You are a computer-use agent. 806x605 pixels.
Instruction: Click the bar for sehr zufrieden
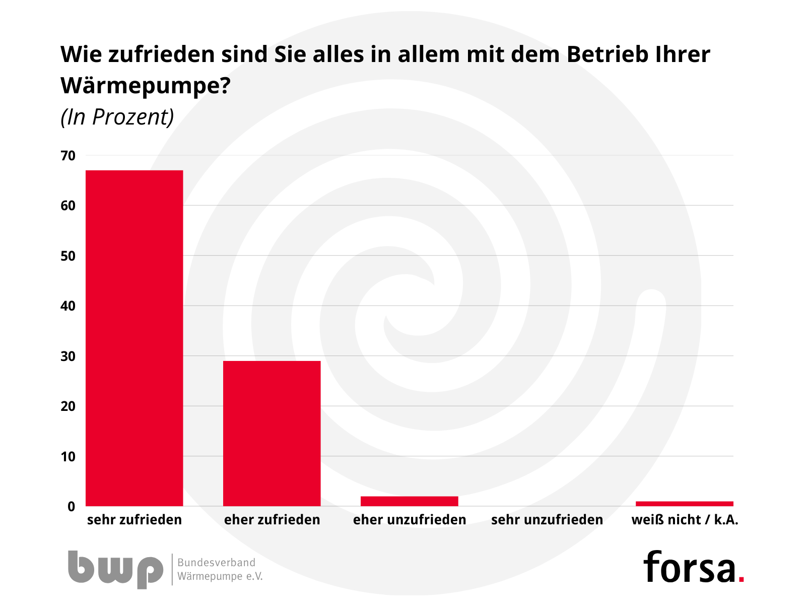(x=135, y=338)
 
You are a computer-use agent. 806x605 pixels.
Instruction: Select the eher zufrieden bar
(x=272, y=434)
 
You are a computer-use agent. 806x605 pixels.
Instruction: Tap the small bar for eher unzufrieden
(x=410, y=501)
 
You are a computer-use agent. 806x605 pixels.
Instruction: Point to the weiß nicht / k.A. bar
(x=685, y=504)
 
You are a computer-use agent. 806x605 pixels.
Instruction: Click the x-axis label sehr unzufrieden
(x=547, y=520)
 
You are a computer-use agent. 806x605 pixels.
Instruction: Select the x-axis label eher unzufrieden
(x=410, y=520)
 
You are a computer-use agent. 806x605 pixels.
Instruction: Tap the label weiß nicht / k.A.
(x=685, y=520)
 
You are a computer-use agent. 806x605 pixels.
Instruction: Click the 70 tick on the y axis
(x=68, y=156)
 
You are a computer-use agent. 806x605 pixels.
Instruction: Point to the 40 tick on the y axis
(x=68, y=306)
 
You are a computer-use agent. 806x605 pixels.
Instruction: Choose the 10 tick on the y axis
(x=68, y=457)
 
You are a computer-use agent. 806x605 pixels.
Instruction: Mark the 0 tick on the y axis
(x=71, y=507)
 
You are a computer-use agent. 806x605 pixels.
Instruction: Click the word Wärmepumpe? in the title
(x=145, y=86)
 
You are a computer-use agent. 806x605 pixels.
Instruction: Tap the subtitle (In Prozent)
(x=117, y=117)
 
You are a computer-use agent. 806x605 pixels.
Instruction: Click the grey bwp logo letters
(x=115, y=569)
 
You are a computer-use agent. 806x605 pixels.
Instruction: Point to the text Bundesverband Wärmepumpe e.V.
(x=220, y=569)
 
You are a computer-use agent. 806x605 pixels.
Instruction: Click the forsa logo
(x=689, y=567)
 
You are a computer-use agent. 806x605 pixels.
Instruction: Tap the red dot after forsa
(x=741, y=579)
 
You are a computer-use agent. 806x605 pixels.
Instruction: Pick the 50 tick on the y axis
(x=68, y=256)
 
